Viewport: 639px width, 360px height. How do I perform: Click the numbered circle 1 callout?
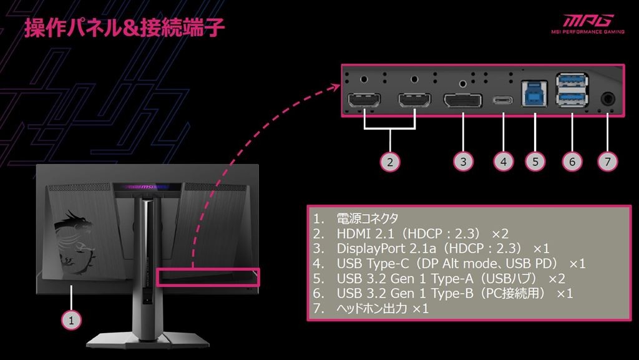pyautogui.click(x=72, y=320)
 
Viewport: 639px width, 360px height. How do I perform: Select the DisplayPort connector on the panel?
pyautogui.click(x=462, y=100)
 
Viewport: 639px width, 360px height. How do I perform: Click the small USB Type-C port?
pyautogui.click(x=502, y=100)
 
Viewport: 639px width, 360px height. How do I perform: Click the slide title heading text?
pyautogui.click(x=124, y=27)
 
